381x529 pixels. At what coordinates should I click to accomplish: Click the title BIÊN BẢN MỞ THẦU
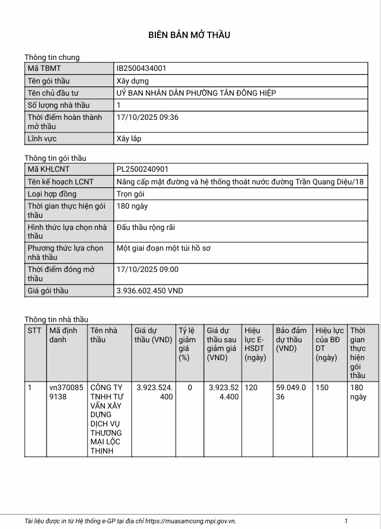tap(189, 35)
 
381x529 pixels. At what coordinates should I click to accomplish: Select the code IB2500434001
tap(141, 69)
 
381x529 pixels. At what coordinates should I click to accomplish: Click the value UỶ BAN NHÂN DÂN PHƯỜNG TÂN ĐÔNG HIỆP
tap(196, 93)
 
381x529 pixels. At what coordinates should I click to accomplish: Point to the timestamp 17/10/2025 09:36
tap(147, 117)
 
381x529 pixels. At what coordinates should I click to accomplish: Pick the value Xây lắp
tap(128, 138)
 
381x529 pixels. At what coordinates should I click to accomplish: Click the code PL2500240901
tap(142, 169)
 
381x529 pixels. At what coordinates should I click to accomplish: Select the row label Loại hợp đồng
tap(52, 194)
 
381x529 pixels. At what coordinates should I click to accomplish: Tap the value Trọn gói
tap(130, 194)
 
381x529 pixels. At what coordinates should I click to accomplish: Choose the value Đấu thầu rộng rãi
tap(146, 227)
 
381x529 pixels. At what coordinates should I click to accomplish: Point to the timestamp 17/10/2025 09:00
tap(147, 269)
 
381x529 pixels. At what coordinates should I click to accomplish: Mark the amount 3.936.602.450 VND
tap(150, 291)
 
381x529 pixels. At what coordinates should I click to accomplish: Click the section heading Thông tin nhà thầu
tap(56, 319)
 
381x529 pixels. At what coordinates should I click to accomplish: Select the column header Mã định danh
tap(63, 335)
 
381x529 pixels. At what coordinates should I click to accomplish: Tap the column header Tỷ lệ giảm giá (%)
tap(187, 344)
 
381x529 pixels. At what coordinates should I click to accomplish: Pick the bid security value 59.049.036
tap(291, 392)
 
